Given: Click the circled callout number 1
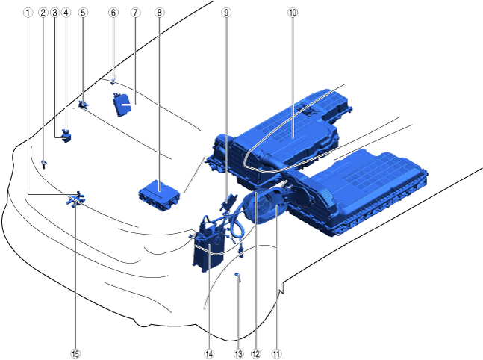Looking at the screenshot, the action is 28,13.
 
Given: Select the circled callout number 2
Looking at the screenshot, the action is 43,13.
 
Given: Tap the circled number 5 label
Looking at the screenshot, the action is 83,13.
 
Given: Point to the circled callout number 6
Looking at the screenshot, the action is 113,13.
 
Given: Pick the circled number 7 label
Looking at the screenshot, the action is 135,13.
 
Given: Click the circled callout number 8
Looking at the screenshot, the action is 159,13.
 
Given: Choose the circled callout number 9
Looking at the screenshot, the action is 226,13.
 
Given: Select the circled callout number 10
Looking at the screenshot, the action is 293,13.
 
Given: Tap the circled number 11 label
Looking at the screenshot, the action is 276,354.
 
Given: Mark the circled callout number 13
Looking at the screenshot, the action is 238,354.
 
